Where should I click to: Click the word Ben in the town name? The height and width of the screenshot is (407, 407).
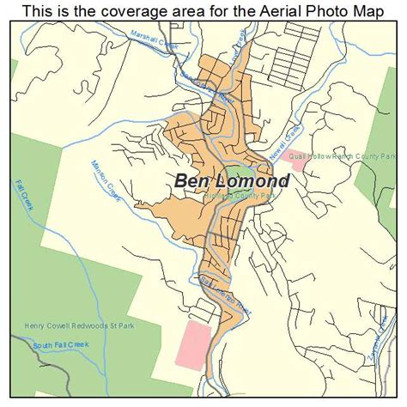click(x=194, y=181)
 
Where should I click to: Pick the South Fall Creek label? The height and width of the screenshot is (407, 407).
click(x=64, y=345)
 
